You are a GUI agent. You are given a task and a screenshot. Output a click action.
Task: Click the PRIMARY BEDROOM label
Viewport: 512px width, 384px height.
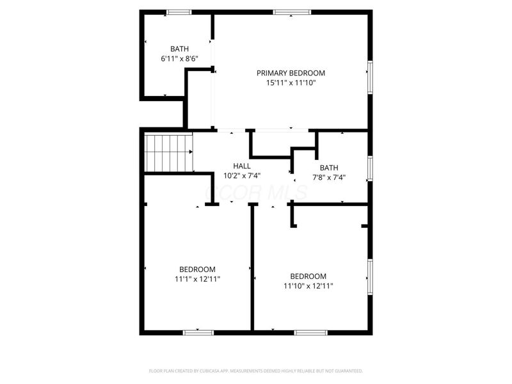(x=291, y=73)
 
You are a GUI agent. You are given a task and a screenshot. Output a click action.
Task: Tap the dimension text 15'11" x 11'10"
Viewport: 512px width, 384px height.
(x=291, y=83)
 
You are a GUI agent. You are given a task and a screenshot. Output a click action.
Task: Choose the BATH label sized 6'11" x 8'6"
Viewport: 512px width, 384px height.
(x=179, y=49)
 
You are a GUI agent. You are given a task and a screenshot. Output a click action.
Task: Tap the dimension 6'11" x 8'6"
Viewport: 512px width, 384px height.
(x=179, y=59)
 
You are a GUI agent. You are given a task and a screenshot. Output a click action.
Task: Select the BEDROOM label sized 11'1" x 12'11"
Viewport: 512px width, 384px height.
(x=197, y=269)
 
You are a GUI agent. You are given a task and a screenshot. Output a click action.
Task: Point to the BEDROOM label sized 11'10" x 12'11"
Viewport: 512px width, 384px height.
(x=308, y=276)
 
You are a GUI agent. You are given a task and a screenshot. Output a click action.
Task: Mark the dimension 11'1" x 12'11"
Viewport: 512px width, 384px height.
(x=197, y=279)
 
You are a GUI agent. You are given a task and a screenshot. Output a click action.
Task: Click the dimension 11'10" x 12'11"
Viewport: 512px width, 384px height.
(x=308, y=286)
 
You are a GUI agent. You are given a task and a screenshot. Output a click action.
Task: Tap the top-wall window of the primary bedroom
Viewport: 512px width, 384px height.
(x=292, y=12)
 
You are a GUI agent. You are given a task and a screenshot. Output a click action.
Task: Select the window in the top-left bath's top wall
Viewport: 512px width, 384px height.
(x=179, y=12)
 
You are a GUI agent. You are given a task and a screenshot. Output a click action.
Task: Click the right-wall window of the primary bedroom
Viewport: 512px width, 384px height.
(x=370, y=77)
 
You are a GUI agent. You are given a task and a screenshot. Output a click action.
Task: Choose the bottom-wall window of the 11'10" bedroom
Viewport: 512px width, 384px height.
(x=310, y=332)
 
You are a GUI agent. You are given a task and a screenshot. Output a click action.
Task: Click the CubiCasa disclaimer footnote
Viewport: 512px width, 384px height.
(x=256, y=371)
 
